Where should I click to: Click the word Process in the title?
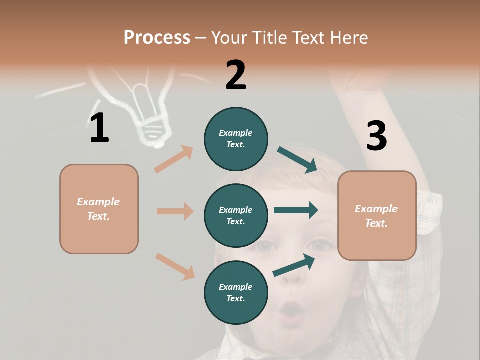point(157,37)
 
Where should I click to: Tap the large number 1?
point(99,128)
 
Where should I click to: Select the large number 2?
point(236,75)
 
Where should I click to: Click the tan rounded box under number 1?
point(99,209)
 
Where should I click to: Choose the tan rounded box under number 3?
point(377,215)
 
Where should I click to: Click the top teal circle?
point(236,138)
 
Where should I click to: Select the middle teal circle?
point(236,215)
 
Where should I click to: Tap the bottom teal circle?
point(236,292)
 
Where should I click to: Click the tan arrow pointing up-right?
point(174,159)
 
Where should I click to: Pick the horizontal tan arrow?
point(175,211)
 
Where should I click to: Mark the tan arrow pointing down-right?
point(175,266)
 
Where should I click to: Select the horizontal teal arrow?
point(296,210)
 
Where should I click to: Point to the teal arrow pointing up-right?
point(294,265)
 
